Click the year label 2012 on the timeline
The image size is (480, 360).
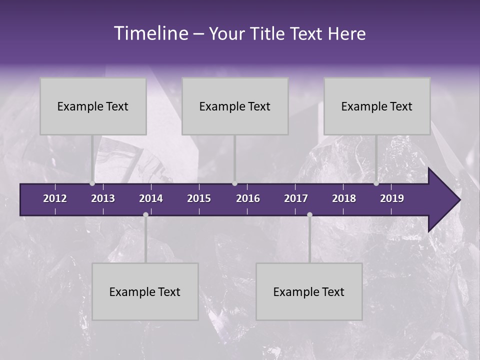[55, 198]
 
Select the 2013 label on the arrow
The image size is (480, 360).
[103, 198]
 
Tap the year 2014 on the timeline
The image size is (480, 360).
[151, 198]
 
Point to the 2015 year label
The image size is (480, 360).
[199, 198]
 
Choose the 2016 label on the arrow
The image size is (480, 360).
[248, 198]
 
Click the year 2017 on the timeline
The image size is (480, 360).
[296, 198]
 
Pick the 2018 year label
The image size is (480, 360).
[344, 198]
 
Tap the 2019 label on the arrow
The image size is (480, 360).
[392, 198]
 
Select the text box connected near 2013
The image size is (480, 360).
[93, 106]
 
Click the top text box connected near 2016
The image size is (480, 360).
[235, 106]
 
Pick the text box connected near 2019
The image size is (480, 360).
[377, 106]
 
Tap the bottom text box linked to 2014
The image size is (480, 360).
[145, 291]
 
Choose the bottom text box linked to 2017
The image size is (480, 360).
[309, 291]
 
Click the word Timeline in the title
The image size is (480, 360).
[150, 33]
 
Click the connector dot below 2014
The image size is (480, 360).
[145, 214]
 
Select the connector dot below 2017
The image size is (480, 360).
[309, 214]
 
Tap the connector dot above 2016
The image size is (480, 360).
[235, 183]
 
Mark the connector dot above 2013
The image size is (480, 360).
[92, 183]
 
